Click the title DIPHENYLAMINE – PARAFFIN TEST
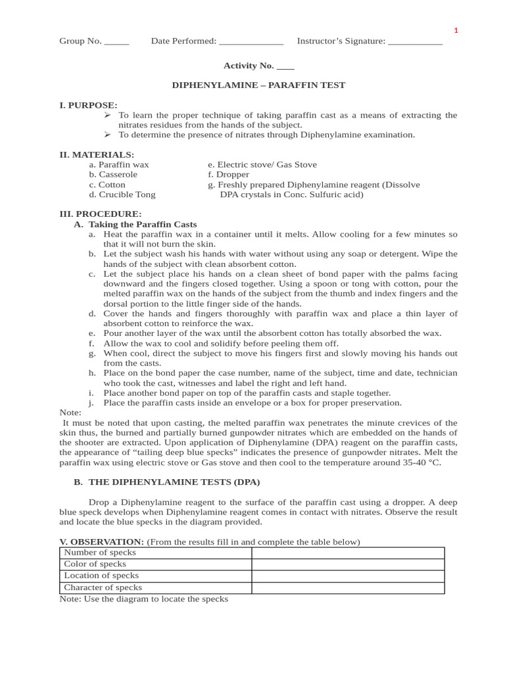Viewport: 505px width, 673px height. point(258,85)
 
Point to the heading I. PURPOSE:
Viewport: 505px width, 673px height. point(88,105)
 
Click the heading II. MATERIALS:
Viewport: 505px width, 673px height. point(97,154)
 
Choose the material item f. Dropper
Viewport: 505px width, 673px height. point(228,175)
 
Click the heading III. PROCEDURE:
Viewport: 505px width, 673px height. point(100,214)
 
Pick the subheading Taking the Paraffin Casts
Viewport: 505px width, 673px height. point(143,224)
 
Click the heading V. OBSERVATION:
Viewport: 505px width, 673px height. point(101,542)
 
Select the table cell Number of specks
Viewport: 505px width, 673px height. point(99,553)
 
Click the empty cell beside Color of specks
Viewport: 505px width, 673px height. point(347,564)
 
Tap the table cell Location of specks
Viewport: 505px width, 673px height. point(101,576)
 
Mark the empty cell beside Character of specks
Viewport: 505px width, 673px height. point(347,588)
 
